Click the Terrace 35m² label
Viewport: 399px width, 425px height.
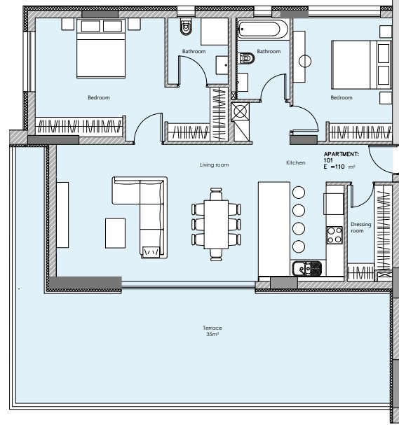tap(212, 331)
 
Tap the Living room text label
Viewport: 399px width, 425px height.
tap(214, 165)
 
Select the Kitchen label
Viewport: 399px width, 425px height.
tap(296, 162)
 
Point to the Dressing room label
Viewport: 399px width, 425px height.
tap(360, 228)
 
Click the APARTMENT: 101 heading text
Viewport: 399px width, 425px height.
tap(341, 158)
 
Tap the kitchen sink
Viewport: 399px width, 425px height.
tap(307, 268)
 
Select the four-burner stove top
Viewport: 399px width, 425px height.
tap(334, 235)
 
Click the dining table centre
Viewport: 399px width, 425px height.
tap(216, 224)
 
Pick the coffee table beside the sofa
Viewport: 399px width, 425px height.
tap(116, 233)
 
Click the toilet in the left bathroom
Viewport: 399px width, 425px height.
tap(186, 27)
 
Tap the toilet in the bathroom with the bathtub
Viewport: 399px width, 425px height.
tap(247, 58)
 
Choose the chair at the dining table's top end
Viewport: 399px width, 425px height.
tap(216, 194)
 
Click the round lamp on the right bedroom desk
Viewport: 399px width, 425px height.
tap(305, 61)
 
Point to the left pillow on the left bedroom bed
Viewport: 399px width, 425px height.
tap(90, 27)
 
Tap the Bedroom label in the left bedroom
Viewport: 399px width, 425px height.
tap(99, 97)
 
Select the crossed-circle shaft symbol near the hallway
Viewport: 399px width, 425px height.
tap(241, 111)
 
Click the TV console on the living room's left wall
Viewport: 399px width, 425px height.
tap(62, 215)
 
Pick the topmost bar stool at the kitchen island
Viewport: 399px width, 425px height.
tap(299, 193)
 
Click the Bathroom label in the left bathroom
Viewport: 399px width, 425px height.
tap(194, 51)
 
